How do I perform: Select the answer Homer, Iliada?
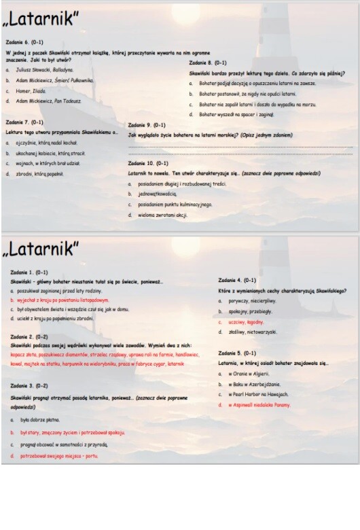[x=31, y=90]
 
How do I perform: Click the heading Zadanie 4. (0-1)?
[x=237, y=280]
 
